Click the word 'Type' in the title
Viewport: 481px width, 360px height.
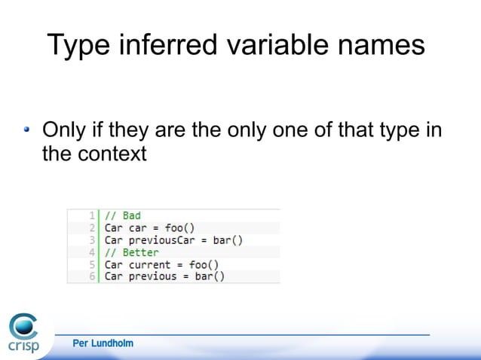(80, 45)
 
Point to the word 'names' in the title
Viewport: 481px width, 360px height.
(382, 45)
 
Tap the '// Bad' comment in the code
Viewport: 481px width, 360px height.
(122, 215)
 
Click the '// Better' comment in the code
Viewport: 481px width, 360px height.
(131, 252)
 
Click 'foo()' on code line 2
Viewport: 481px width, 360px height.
(179, 227)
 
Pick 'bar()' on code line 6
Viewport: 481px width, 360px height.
(209, 276)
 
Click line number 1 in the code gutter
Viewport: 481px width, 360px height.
(91, 215)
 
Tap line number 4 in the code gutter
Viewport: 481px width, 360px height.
(91, 252)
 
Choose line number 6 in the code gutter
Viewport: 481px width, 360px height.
(91, 276)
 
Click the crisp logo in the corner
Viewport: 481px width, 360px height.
(23, 334)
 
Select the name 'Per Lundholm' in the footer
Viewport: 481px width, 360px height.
(103, 343)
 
